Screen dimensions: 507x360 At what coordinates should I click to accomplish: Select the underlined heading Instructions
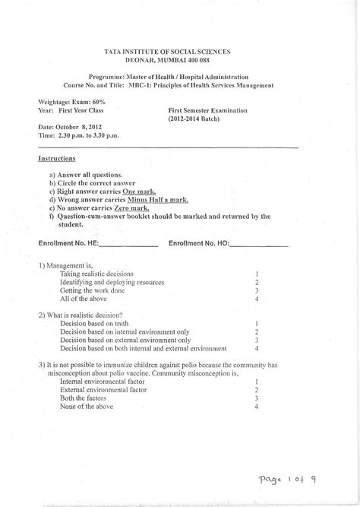(x=57, y=159)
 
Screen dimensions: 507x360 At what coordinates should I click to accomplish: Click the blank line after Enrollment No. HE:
(x=128, y=245)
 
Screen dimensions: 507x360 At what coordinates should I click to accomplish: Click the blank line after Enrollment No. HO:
(x=258, y=245)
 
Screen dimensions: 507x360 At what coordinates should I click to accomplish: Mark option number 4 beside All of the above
(x=258, y=299)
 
